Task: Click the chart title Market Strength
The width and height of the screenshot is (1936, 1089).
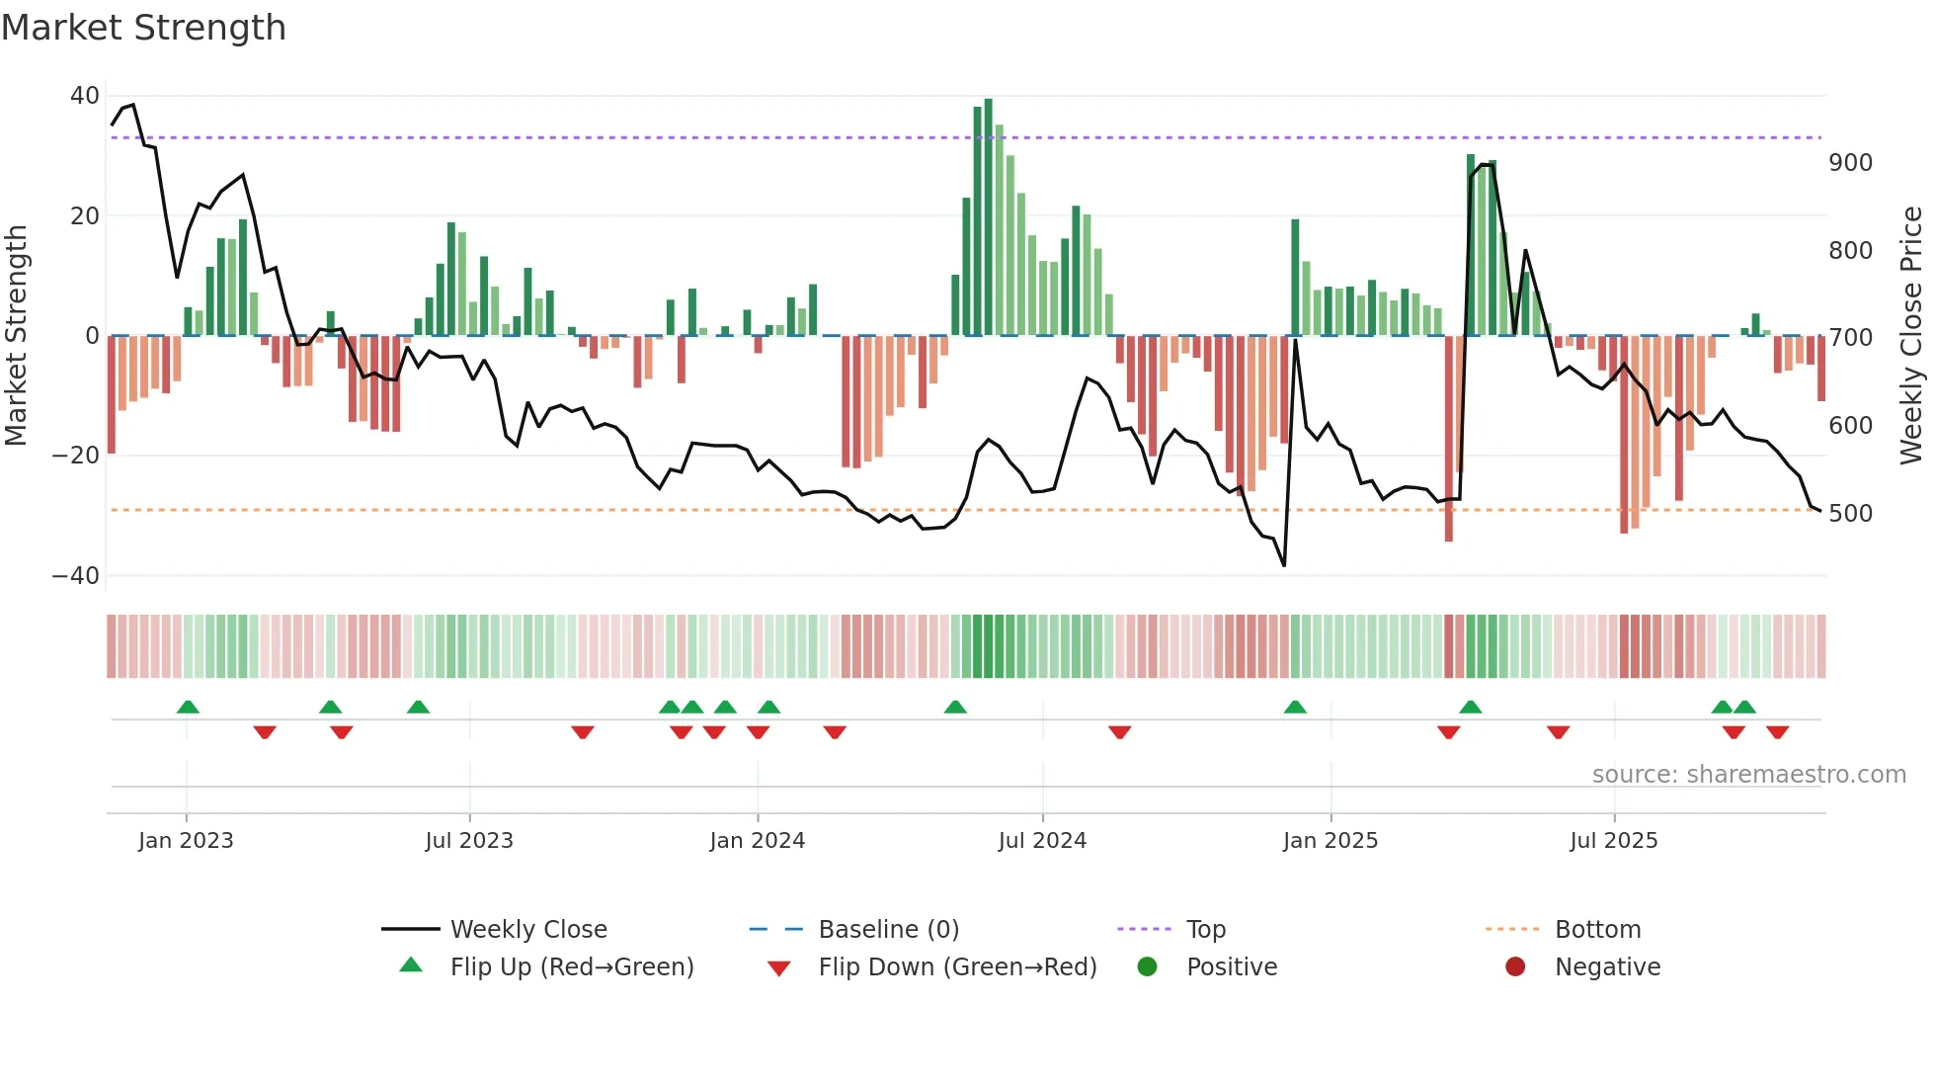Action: [x=144, y=28]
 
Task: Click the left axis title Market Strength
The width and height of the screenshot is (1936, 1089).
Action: [x=17, y=335]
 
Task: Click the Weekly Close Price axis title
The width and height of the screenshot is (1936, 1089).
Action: [x=1911, y=335]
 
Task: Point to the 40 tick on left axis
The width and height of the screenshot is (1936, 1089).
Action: [x=85, y=96]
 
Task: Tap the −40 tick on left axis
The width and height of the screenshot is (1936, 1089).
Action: [x=76, y=575]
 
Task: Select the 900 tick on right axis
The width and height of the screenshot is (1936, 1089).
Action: [x=1850, y=163]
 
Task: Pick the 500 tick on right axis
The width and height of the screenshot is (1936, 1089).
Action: [x=1850, y=514]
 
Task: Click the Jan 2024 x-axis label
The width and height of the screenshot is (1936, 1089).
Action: [x=757, y=841]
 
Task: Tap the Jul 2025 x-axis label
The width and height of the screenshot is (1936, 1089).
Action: [x=1613, y=841]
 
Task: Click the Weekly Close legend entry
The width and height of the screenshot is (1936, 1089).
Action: [x=527, y=930]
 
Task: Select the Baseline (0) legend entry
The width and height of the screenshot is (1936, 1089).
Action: [x=888, y=930]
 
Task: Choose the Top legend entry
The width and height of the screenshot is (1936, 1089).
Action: [x=1205, y=930]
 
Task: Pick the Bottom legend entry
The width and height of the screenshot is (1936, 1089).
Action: [x=1597, y=930]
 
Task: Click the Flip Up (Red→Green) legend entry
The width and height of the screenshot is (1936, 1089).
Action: [x=571, y=967]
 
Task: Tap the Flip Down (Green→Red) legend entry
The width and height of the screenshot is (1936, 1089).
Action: [x=957, y=967]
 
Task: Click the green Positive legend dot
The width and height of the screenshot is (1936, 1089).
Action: [x=1147, y=966]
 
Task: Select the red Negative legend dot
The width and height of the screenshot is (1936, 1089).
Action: [x=1515, y=966]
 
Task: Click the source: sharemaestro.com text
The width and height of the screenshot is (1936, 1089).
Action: [x=1748, y=775]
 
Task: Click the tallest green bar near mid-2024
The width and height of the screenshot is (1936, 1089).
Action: [x=988, y=217]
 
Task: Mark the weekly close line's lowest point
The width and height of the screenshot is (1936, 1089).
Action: [x=1284, y=565]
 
